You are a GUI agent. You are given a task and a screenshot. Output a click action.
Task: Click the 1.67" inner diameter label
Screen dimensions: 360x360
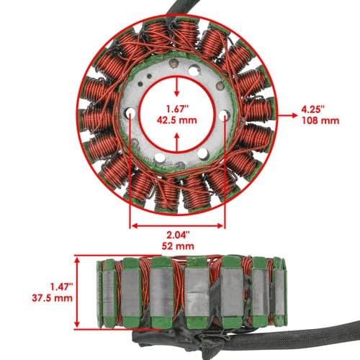(x=177, y=109)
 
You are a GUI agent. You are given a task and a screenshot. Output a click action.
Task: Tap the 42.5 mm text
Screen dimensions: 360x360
(x=177, y=120)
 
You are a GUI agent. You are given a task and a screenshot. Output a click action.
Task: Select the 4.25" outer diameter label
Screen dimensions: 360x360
(x=313, y=109)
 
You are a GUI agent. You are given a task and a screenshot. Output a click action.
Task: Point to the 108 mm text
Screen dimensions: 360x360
(x=320, y=120)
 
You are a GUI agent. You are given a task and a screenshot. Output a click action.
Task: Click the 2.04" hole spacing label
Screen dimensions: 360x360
(x=178, y=235)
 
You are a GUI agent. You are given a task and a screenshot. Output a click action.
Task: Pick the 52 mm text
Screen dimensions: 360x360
(x=178, y=246)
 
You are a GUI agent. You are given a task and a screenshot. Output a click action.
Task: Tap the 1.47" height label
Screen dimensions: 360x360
(x=61, y=287)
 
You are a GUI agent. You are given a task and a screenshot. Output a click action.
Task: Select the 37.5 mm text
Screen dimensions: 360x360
(x=52, y=298)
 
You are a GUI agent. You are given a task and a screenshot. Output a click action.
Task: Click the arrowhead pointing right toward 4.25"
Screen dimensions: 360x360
(x=294, y=115)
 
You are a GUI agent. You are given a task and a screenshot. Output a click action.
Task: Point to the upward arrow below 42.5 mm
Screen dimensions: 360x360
(x=177, y=143)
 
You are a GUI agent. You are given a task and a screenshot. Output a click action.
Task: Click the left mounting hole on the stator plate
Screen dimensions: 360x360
(x=130, y=112)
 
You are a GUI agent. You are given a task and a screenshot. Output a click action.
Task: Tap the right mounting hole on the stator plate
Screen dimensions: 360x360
(x=224, y=114)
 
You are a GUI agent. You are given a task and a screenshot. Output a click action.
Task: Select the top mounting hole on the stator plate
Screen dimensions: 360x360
(x=194, y=70)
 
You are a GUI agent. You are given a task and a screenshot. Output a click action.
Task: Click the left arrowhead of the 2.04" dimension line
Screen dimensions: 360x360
(x=135, y=226)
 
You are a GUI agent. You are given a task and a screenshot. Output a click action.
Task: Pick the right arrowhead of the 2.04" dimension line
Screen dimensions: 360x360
(x=220, y=226)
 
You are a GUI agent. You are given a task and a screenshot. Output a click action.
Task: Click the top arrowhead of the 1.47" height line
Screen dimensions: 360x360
(x=77, y=261)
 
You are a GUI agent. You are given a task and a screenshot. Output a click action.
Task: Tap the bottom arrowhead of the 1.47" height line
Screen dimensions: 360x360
(x=77, y=324)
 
